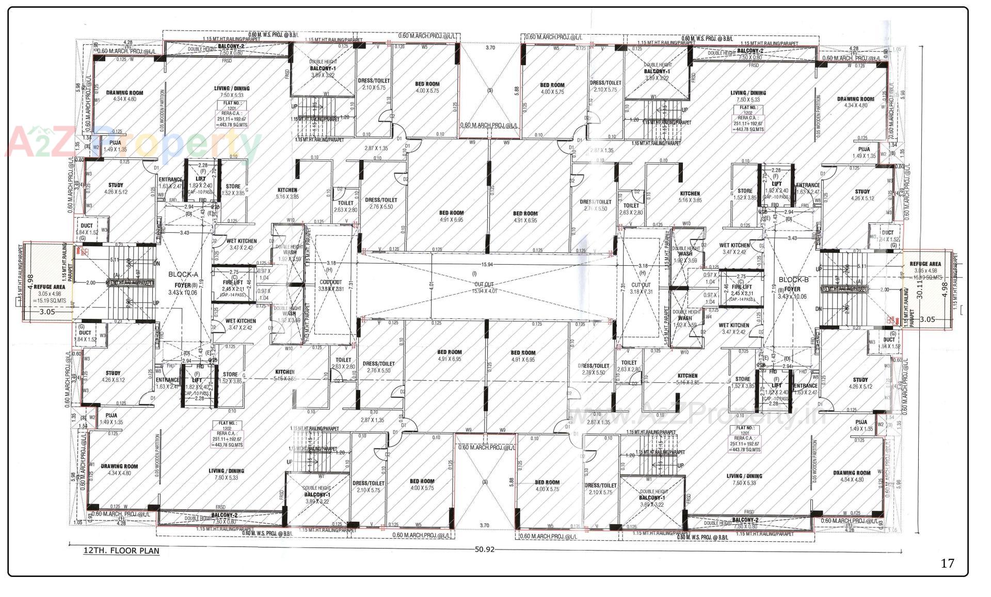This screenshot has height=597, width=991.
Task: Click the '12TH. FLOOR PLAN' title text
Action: (121, 551)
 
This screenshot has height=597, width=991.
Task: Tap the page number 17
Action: (947, 563)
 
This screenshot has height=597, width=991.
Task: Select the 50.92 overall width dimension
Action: (484, 549)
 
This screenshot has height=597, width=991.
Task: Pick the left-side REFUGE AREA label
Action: (50, 286)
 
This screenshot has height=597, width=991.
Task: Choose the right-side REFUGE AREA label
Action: (925, 264)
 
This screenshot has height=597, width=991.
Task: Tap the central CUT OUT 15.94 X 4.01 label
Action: (484, 287)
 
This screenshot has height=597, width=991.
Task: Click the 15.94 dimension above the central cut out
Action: (486, 265)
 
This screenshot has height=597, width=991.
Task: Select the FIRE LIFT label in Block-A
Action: (232, 283)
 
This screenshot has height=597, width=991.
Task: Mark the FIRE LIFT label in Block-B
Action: (742, 287)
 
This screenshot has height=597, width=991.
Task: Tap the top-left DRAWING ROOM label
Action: (124, 93)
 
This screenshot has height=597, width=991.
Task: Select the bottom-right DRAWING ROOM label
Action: (852, 473)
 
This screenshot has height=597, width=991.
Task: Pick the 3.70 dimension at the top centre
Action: (490, 47)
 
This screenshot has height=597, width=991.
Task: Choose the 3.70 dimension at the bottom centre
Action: (484, 525)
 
